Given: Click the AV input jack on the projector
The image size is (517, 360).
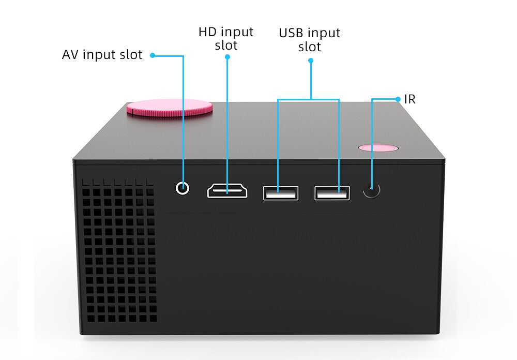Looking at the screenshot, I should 183,188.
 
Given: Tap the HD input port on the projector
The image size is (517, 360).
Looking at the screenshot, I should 227,190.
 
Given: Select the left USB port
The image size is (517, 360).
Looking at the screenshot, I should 280,193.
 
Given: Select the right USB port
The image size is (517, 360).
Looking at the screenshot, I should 332,193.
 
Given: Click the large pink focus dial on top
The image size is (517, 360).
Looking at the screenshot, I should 170,107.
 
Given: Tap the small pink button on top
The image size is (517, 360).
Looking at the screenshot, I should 378,148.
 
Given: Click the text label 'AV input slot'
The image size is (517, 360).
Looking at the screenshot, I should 102,55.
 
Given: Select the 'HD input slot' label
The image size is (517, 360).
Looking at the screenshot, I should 226,38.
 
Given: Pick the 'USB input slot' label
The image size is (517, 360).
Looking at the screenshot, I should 310,40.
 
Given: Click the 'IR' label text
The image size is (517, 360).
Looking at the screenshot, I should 410,99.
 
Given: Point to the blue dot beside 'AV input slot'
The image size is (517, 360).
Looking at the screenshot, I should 153,55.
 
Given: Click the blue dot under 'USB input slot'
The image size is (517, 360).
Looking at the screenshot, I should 311,60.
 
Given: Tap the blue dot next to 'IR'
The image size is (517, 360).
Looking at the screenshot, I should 398,98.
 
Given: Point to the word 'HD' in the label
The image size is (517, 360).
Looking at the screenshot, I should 207,32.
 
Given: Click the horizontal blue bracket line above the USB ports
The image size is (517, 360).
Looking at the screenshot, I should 309,99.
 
